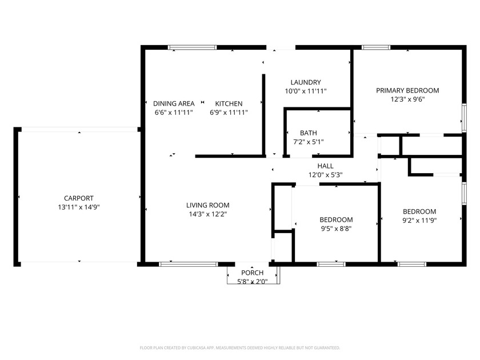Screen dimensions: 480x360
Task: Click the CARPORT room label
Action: [79, 198]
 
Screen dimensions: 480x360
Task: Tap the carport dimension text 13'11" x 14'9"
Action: [79, 207]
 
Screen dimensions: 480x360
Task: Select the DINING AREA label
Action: [174, 103]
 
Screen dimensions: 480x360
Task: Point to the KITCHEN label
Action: [229, 103]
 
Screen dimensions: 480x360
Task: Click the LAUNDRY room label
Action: [306, 82]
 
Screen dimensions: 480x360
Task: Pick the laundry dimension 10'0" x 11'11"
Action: [306, 91]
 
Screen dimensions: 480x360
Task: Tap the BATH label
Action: [308, 133]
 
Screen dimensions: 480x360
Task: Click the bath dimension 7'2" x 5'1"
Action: [308, 142]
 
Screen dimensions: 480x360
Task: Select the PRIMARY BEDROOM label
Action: [407, 90]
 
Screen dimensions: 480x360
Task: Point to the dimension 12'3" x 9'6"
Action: [407, 99]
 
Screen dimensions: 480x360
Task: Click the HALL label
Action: [325, 166]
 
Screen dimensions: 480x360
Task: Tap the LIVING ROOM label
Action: [208, 205]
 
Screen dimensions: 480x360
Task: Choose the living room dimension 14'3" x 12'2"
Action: [208, 214]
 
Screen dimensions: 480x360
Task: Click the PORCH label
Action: [252, 273]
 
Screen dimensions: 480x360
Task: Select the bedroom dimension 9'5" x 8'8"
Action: [336, 229]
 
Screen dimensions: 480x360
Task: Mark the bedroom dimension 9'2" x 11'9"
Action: [419, 220]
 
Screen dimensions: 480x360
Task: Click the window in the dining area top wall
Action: [192, 47]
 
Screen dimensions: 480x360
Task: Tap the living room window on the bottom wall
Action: [189, 264]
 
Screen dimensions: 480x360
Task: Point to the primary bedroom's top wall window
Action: [376, 47]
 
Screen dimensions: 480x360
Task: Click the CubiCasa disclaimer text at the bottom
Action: [239, 348]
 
